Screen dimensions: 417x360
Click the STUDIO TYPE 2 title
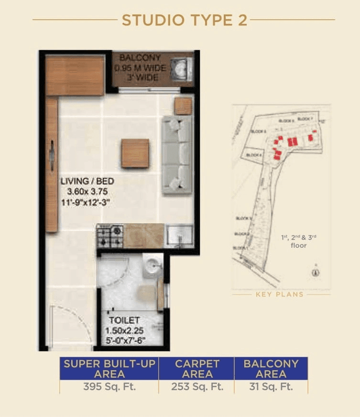point(184,20)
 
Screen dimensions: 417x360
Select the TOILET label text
point(124,320)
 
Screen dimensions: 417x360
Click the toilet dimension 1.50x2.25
point(125,330)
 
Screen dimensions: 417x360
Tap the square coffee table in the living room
point(135,153)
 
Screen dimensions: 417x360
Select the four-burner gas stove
point(110,236)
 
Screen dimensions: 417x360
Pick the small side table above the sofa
point(183,106)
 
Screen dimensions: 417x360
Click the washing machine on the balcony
point(182,69)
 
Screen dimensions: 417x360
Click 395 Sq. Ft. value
point(109,387)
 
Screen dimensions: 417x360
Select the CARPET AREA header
point(196,369)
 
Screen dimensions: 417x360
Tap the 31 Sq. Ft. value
point(271,387)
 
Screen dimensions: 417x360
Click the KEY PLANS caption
point(280,294)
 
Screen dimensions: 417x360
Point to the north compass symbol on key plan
point(315,271)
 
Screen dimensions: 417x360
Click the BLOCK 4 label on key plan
point(254,155)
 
